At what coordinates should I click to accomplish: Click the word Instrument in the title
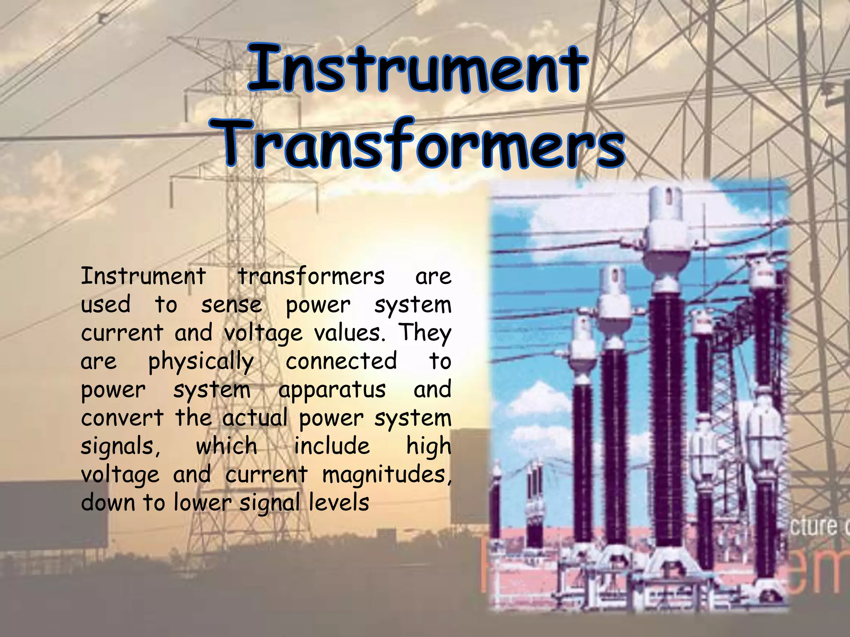(418, 69)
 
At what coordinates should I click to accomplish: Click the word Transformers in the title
(421, 143)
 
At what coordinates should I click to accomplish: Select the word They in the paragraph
(425, 334)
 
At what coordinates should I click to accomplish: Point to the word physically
(201, 362)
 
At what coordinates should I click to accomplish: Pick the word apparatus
(332, 390)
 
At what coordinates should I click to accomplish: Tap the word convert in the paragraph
(122, 418)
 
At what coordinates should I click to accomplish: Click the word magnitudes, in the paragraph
(387, 474)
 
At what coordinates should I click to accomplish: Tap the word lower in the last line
(202, 503)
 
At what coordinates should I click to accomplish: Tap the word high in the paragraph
(428, 447)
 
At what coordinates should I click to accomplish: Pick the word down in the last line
(108, 503)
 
